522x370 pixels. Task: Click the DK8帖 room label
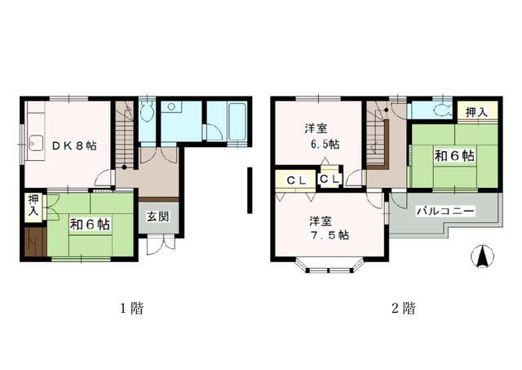pos(74,145)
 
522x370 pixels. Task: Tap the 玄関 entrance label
pos(157,217)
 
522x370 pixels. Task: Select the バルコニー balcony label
pos(446,211)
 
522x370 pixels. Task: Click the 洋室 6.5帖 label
pos(321,136)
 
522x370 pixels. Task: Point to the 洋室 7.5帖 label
pos(329,229)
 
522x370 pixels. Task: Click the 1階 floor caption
pos(131,309)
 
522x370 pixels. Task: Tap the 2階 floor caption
pos(404,309)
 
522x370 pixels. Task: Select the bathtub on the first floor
pos(237,122)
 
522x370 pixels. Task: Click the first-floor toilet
pos(147,112)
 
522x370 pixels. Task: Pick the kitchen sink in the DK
pos(36,144)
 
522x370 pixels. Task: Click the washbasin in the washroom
pos(171,107)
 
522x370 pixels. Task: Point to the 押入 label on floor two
pos(476,113)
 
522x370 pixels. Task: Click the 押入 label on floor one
pos(33,205)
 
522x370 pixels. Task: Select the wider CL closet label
pos(296,181)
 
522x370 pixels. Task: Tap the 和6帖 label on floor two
pos(454,156)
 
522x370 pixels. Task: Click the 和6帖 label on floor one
pos(90,225)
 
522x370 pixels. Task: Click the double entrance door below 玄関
pos(161,245)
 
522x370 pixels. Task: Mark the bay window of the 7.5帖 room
pos(329,265)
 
